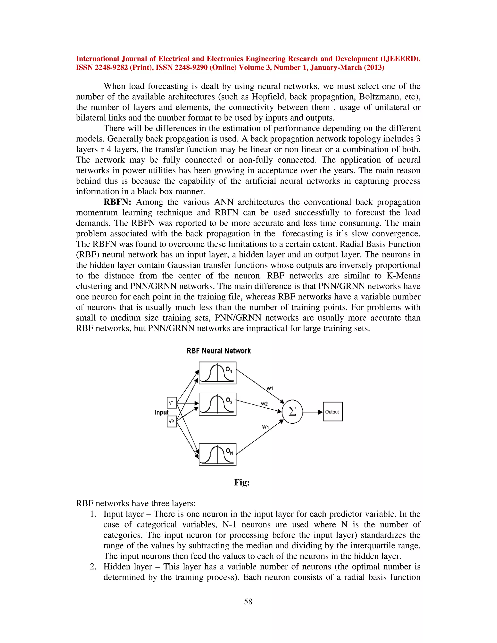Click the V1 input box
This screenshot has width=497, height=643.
[x=172, y=403]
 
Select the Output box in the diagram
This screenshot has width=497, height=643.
[x=332, y=412]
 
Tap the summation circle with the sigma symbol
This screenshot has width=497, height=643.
[x=292, y=412]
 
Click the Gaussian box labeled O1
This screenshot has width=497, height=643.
[x=218, y=373]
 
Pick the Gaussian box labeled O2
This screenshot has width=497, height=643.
[x=218, y=404]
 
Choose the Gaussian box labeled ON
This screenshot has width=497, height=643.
[x=218, y=454]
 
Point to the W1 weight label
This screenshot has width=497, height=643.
[x=270, y=388]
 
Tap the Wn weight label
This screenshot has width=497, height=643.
[x=265, y=427]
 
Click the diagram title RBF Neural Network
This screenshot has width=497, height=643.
[x=218, y=351]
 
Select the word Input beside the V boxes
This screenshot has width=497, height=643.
[x=161, y=412]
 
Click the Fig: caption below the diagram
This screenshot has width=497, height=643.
[x=242, y=483]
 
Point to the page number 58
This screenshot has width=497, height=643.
[x=248, y=602]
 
